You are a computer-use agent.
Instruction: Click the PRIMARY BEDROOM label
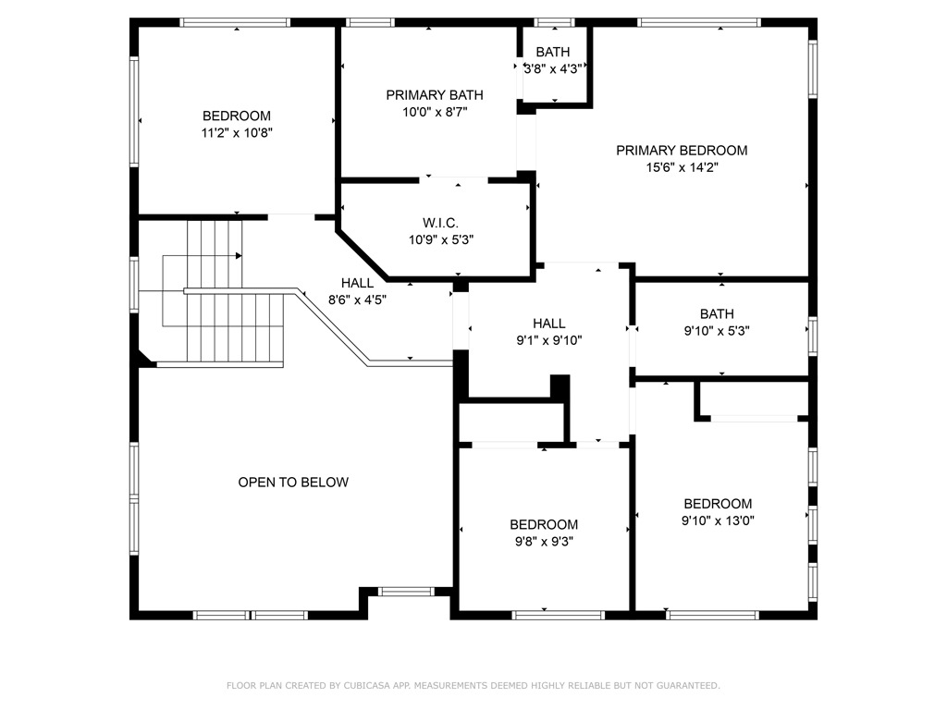[682, 151]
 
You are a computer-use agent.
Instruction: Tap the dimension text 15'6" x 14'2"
[682, 167]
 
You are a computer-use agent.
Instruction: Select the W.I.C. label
[440, 223]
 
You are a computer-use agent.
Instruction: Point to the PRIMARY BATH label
[435, 95]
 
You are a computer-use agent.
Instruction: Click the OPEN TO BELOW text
[293, 482]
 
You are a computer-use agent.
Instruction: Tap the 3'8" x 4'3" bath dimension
[553, 68]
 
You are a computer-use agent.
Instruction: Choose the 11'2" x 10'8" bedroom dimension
[237, 133]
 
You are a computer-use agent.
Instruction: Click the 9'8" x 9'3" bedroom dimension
[544, 542]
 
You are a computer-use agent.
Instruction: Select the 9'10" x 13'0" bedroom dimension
[718, 520]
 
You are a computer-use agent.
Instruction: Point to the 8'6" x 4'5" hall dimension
[357, 300]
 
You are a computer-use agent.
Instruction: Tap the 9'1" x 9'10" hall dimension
[549, 340]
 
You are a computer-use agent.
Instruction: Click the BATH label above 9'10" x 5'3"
[717, 314]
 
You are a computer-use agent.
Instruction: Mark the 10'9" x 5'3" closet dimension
[441, 239]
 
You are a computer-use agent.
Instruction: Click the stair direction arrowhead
[239, 256]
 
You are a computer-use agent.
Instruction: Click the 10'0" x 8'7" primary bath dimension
[435, 112]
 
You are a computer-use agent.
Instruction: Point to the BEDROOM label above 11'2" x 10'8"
[236, 116]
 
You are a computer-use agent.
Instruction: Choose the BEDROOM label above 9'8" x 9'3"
[544, 525]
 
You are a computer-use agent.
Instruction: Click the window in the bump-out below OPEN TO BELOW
[406, 591]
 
